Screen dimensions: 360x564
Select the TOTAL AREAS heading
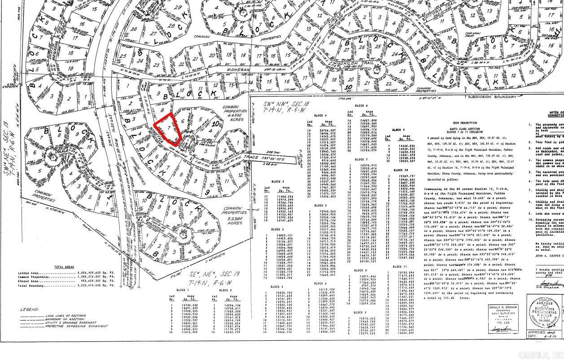point(64,267)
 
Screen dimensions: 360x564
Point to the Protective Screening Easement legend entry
point(77,326)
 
